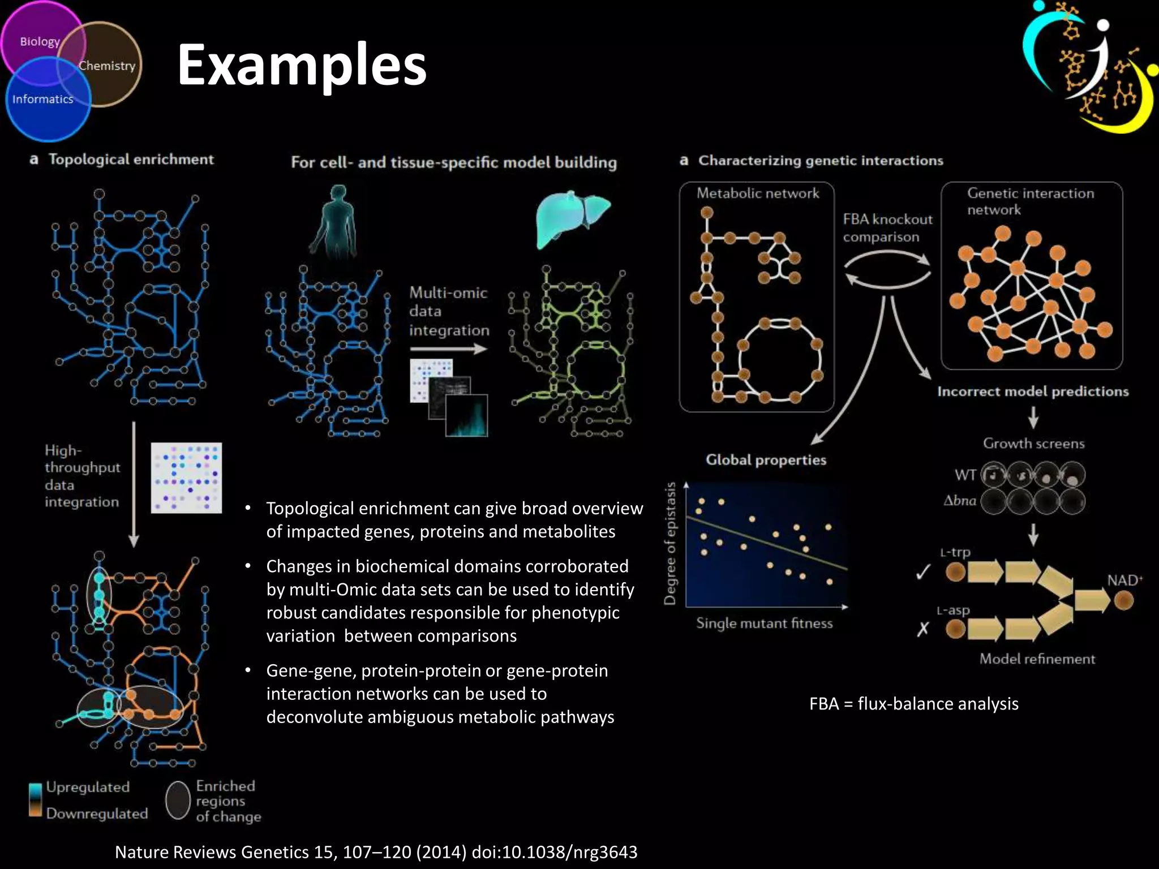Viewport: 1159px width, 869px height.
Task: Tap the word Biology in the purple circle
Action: point(40,41)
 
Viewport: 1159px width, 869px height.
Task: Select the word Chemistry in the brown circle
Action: point(107,66)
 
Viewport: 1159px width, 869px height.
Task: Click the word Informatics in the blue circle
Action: point(43,99)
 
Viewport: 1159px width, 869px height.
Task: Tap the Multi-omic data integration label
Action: point(449,311)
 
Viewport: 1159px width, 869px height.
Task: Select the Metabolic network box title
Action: point(757,193)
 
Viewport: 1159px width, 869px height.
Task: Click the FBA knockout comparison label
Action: point(887,227)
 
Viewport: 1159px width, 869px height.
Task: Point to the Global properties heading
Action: point(766,460)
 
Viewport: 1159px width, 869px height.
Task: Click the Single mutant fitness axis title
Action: point(764,623)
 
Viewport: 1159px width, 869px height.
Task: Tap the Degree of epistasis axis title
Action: point(670,543)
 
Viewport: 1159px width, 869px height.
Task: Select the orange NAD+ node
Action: point(1123,600)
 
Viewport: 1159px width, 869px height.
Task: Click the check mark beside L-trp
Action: point(923,573)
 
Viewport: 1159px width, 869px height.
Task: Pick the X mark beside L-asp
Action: point(922,629)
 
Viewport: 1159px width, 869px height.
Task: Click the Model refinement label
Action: point(1037,659)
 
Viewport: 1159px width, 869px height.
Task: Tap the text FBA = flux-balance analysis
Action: point(913,703)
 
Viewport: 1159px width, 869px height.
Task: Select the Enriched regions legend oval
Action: point(178,800)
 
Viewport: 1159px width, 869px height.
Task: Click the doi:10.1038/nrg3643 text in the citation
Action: point(554,851)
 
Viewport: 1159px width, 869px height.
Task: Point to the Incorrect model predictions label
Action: point(1032,392)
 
